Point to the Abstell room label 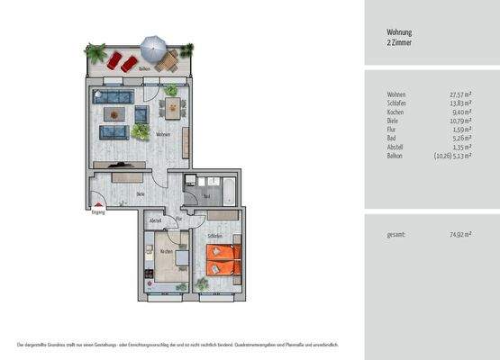pyautogui.click(x=155, y=220)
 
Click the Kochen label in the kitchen pyautogui.click(x=166, y=251)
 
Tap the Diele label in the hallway pyautogui.click(x=141, y=193)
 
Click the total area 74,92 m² pyautogui.click(x=463, y=235)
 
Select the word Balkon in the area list pyautogui.click(x=395, y=156)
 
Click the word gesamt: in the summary pyautogui.click(x=395, y=235)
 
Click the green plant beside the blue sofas pyautogui.click(x=140, y=131)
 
